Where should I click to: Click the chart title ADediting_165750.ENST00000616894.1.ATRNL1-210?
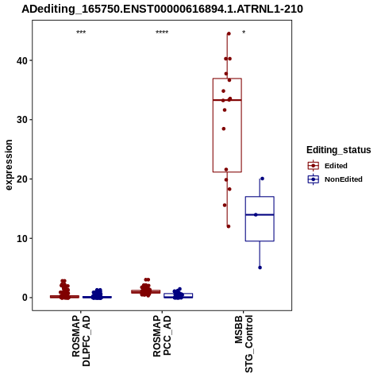coord(162,10)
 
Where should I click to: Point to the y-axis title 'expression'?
coord(9,165)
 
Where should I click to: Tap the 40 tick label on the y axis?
coord(22,60)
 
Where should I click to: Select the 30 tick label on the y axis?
coord(22,120)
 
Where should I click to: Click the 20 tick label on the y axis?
coord(22,179)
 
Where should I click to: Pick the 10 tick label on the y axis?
coord(22,239)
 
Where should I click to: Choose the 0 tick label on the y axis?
coord(25,298)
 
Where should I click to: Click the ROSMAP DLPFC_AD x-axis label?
coord(81,341)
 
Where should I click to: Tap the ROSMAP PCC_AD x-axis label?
coord(162,336)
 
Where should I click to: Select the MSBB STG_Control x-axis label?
coord(244,344)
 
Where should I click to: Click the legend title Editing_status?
coord(339,150)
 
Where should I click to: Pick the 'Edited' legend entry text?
coord(336,166)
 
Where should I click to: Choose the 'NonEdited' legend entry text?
coord(344,179)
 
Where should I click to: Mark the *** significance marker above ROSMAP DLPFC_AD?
coord(81,33)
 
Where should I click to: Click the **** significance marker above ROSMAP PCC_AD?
coord(162,33)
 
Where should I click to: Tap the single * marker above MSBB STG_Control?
coord(244,32)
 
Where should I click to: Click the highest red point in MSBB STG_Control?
coord(229,33)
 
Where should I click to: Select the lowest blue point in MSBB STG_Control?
coord(260,267)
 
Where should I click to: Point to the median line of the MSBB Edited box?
coord(227,100)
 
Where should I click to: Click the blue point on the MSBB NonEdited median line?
coord(256,215)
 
